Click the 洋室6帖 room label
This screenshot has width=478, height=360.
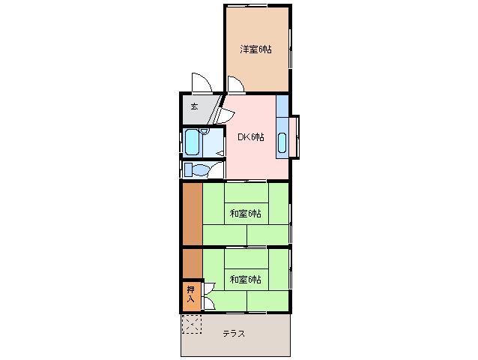255,49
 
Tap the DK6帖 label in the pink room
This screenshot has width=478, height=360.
251,136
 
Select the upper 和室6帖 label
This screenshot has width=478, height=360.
245,213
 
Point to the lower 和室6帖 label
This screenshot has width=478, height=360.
245,280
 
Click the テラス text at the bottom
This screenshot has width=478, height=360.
234,334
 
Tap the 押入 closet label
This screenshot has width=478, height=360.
190,295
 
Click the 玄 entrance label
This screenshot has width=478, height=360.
193,106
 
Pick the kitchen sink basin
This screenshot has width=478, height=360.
282,142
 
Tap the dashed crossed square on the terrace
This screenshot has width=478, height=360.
191,324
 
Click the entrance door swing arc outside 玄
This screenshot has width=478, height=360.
199,81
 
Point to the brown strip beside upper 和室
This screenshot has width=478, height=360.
192,214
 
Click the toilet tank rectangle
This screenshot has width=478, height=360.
188,170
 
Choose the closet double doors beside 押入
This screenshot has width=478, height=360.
208,295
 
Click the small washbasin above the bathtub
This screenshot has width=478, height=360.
204,132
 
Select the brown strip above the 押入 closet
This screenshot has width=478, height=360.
191,263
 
